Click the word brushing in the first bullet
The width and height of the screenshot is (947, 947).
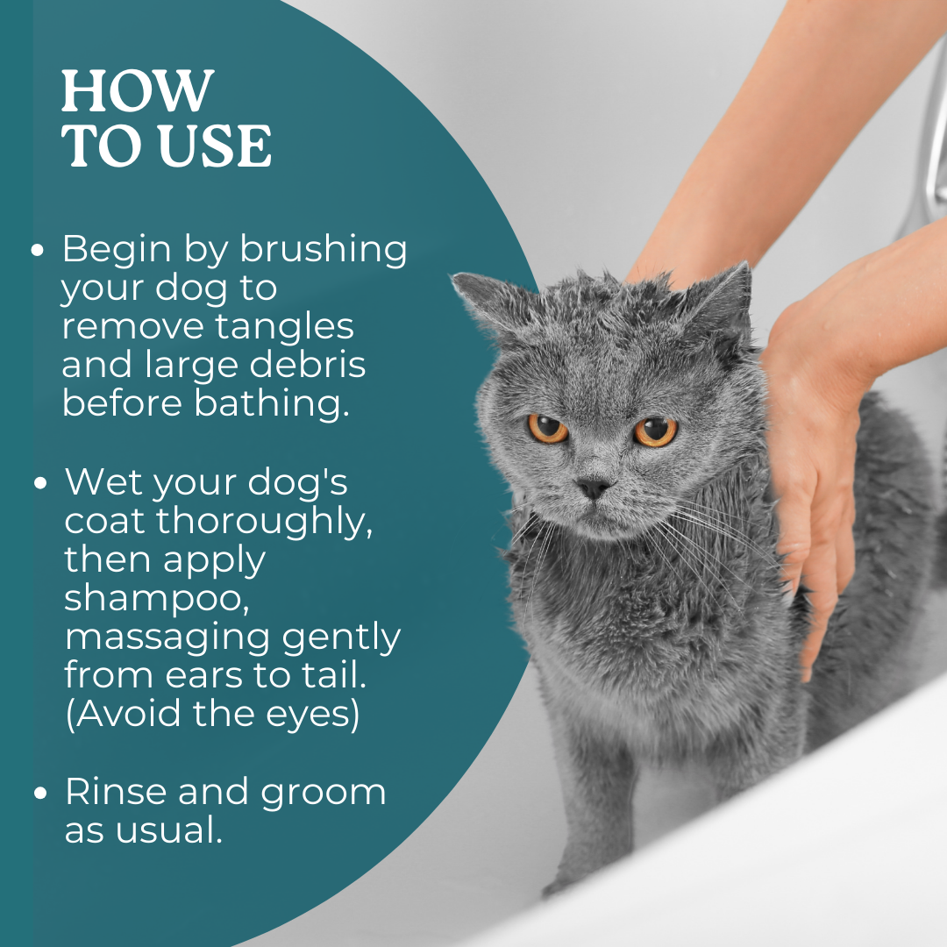[x=324, y=249]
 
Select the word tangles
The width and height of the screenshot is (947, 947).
[x=284, y=328]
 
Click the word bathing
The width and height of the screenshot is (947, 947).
[x=273, y=404]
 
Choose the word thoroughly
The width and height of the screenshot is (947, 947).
[x=265, y=521]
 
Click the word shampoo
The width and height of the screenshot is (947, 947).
[x=156, y=599]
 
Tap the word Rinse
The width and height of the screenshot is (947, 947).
[x=115, y=791]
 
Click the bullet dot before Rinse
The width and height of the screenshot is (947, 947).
[x=40, y=793]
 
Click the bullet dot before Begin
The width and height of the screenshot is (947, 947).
[x=38, y=250]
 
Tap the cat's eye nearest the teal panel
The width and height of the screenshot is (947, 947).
[x=548, y=428]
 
